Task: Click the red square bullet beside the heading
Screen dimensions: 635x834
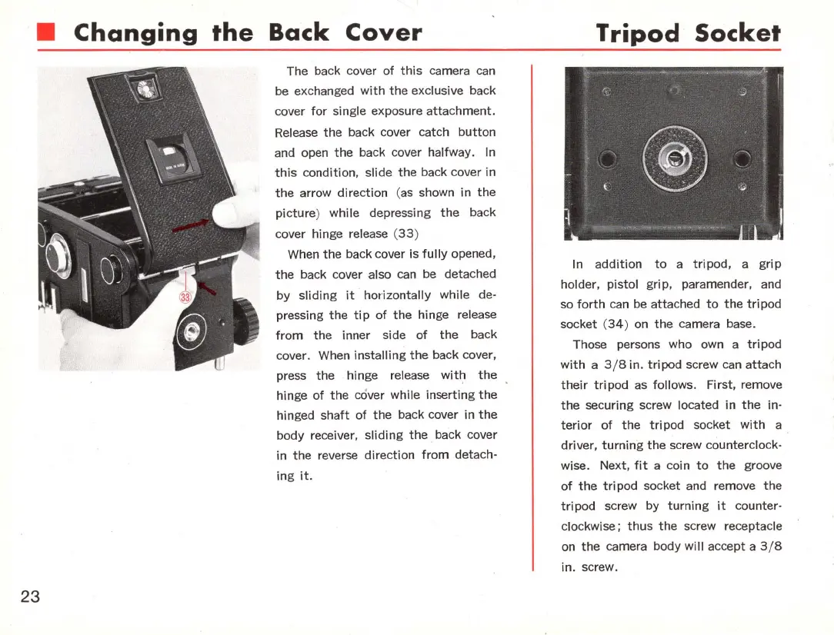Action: (x=48, y=33)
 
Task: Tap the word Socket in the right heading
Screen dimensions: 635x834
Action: (x=737, y=33)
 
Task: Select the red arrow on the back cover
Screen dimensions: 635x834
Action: (x=192, y=225)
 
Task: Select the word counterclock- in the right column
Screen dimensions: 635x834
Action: (x=746, y=445)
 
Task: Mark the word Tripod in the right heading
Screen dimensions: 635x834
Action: (x=639, y=33)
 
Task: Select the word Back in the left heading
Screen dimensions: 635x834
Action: (x=299, y=33)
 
